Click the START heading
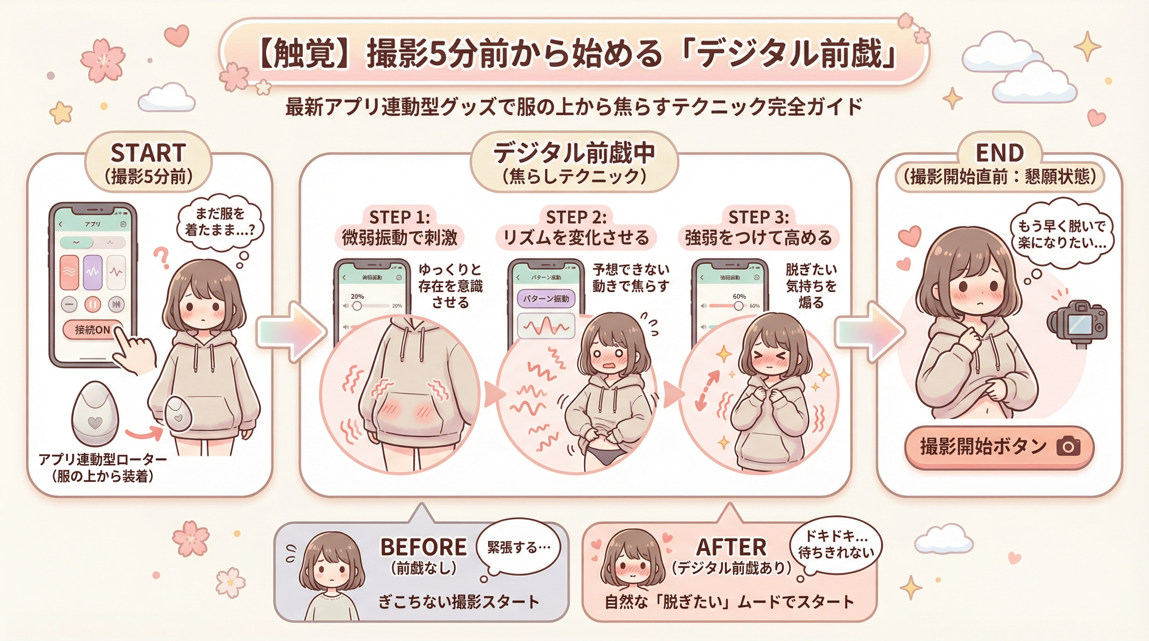pos(148,153)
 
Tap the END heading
pos(999,153)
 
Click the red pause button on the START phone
pos(93,305)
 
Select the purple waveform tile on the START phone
pos(93,272)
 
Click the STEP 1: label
pos(399,217)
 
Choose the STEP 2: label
pos(576,217)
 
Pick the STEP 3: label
pos(758,217)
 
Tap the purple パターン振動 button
pos(546,299)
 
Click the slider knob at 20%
pos(357,306)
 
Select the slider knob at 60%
pos(739,306)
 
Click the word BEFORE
pos(423,547)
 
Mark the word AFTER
pos(731,547)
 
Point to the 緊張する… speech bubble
pos(518,548)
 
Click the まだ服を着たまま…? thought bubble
pos(220,222)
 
